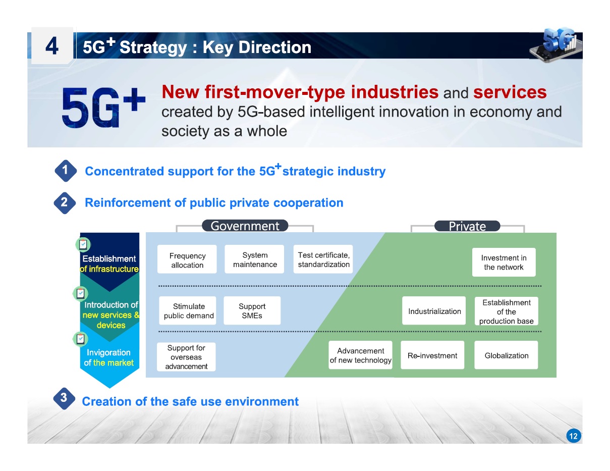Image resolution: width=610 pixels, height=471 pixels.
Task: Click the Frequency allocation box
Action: coord(187,259)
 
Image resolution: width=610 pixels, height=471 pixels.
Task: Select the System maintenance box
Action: coord(254,259)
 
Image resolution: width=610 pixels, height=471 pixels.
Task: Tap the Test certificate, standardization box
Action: coord(323,259)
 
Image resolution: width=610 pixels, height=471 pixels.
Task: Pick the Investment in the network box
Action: coord(504,263)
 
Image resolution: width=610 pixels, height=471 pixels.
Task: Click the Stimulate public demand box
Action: coord(188,310)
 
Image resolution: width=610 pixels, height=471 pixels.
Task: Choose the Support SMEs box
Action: coord(252,310)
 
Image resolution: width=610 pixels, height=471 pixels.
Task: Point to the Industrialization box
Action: coord(434,310)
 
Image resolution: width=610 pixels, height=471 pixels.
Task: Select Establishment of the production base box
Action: coord(506,311)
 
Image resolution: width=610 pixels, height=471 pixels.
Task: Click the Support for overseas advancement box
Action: coord(186,357)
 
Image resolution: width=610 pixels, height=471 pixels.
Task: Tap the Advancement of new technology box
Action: coord(360,355)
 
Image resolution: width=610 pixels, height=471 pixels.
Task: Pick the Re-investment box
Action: coord(432,355)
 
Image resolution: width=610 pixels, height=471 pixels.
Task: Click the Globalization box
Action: coord(506,355)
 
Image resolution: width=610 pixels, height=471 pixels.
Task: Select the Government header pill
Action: coord(245,226)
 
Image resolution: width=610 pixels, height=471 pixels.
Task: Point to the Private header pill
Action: coord(467,226)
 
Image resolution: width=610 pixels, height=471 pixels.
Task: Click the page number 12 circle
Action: coord(573,436)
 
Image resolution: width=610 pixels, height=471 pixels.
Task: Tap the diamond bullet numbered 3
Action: coord(64,398)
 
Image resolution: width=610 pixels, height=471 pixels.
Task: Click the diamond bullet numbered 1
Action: coord(65,171)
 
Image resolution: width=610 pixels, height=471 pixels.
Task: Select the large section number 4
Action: coord(52,46)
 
